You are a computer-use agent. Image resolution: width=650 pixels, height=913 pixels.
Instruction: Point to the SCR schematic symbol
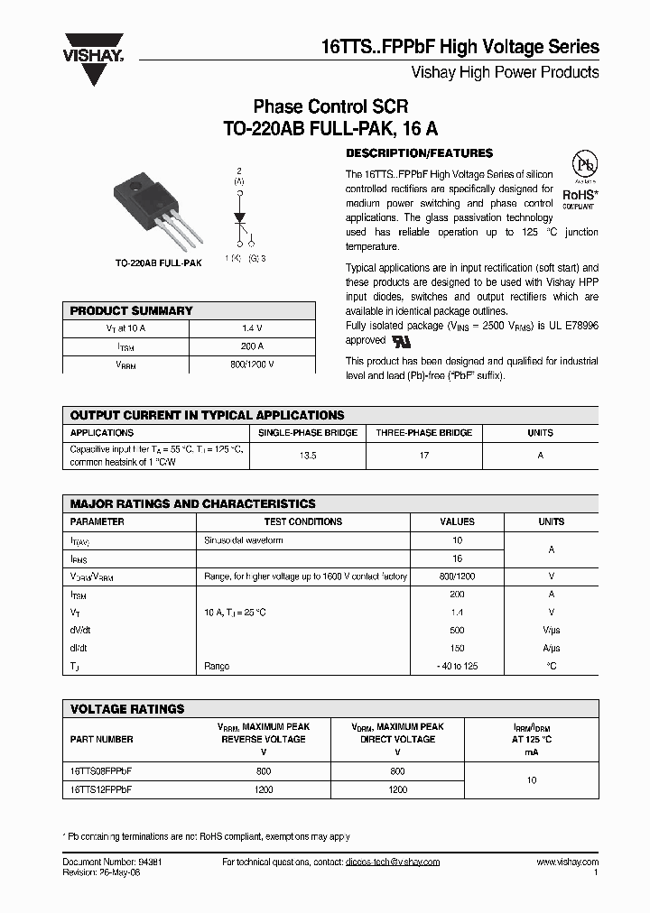(239, 217)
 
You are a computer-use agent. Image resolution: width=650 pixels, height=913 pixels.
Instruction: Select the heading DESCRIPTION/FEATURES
(419, 153)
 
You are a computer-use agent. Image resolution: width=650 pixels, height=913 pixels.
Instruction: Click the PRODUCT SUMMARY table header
(132, 310)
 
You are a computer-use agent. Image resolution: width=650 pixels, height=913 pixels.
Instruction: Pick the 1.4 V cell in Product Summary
(252, 328)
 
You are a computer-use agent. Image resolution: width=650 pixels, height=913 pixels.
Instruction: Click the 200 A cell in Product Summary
(252, 346)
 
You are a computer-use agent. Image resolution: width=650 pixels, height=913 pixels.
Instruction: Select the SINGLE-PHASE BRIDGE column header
(308, 433)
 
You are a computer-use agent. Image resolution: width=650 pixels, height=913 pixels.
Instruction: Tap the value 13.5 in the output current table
(308, 456)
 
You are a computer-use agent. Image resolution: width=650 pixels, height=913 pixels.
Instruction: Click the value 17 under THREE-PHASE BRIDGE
(424, 456)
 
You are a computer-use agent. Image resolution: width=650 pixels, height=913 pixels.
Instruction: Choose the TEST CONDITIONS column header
(302, 521)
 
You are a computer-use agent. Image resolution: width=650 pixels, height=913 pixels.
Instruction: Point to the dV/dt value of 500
(457, 630)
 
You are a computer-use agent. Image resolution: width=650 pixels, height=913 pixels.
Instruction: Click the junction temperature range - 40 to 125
(457, 666)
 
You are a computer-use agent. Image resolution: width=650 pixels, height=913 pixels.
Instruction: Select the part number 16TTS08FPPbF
(102, 770)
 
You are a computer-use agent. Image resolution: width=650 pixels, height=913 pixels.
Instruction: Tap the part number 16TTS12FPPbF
(102, 788)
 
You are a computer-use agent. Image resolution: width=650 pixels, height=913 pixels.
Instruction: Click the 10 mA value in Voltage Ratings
(532, 779)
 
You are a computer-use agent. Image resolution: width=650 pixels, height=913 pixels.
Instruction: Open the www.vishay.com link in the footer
(567, 862)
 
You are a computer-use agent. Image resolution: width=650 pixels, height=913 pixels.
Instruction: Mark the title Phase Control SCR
(330, 106)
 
